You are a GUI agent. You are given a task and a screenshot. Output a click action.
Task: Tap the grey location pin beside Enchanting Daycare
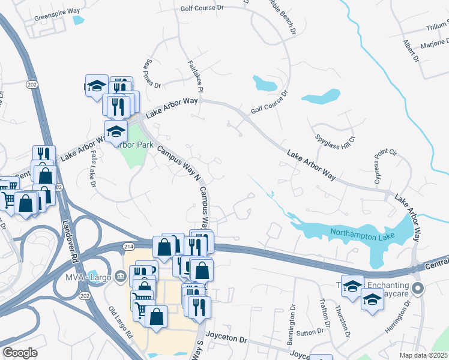420,289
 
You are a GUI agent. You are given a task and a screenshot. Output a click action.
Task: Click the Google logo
20,353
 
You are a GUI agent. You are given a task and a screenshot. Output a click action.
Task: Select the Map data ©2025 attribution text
424,355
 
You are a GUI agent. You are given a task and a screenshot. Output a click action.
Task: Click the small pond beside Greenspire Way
79,20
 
